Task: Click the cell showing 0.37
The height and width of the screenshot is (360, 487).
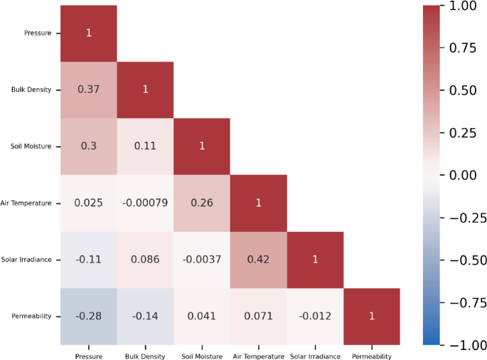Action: pyautogui.click(x=88, y=90)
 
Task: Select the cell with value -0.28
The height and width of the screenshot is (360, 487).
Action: pyautogui.click(x=88, y=316)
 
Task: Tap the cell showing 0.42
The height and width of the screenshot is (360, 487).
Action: pyautogui.click(x=259, y=259)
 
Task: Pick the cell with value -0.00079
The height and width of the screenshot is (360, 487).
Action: pyautogui.click(x=145, y=203)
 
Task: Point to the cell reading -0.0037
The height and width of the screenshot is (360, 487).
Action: pyautogui.click(x=202, y=259)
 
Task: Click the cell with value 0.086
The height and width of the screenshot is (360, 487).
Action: pyautogui.click(x=145, y=259)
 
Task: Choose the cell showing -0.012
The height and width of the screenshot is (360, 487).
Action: pyautogui.click(x=315, y=316)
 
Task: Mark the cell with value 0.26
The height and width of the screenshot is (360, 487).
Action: pyautogui.click(x=202, y=203)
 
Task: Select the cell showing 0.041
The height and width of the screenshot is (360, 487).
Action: pyautogui.click(x=202, y=316)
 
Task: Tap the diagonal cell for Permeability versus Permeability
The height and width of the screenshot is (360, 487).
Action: pyautogui.click(x=372, y=316)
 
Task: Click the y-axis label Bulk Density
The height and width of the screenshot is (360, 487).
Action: pyautogui.click(x=31, y=90)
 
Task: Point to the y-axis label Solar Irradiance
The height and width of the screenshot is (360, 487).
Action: pyautogui.click(x=27, y=260)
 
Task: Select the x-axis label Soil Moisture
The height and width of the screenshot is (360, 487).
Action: pyautogui.click(x=202, y=356)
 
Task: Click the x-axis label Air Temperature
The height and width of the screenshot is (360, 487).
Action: pyautogui.click(x=259, y=356)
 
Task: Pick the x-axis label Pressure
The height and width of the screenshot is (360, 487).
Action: pyautogui.click(x=88, y=356)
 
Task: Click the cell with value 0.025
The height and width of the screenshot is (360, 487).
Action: pyautogui.click(x=88, y=203)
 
